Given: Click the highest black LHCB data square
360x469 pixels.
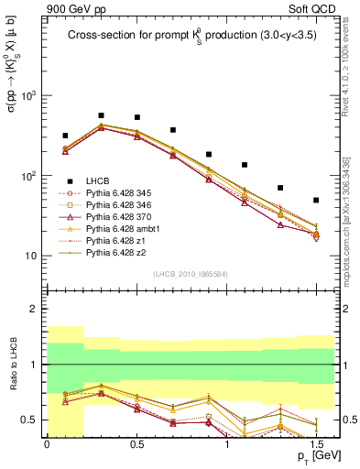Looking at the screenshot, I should [101, 115].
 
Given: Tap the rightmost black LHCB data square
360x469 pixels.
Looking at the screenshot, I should [316, 200].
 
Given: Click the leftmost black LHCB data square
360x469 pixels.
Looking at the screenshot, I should [65, 136].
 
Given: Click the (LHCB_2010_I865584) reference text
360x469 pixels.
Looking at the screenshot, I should [191, 274].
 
